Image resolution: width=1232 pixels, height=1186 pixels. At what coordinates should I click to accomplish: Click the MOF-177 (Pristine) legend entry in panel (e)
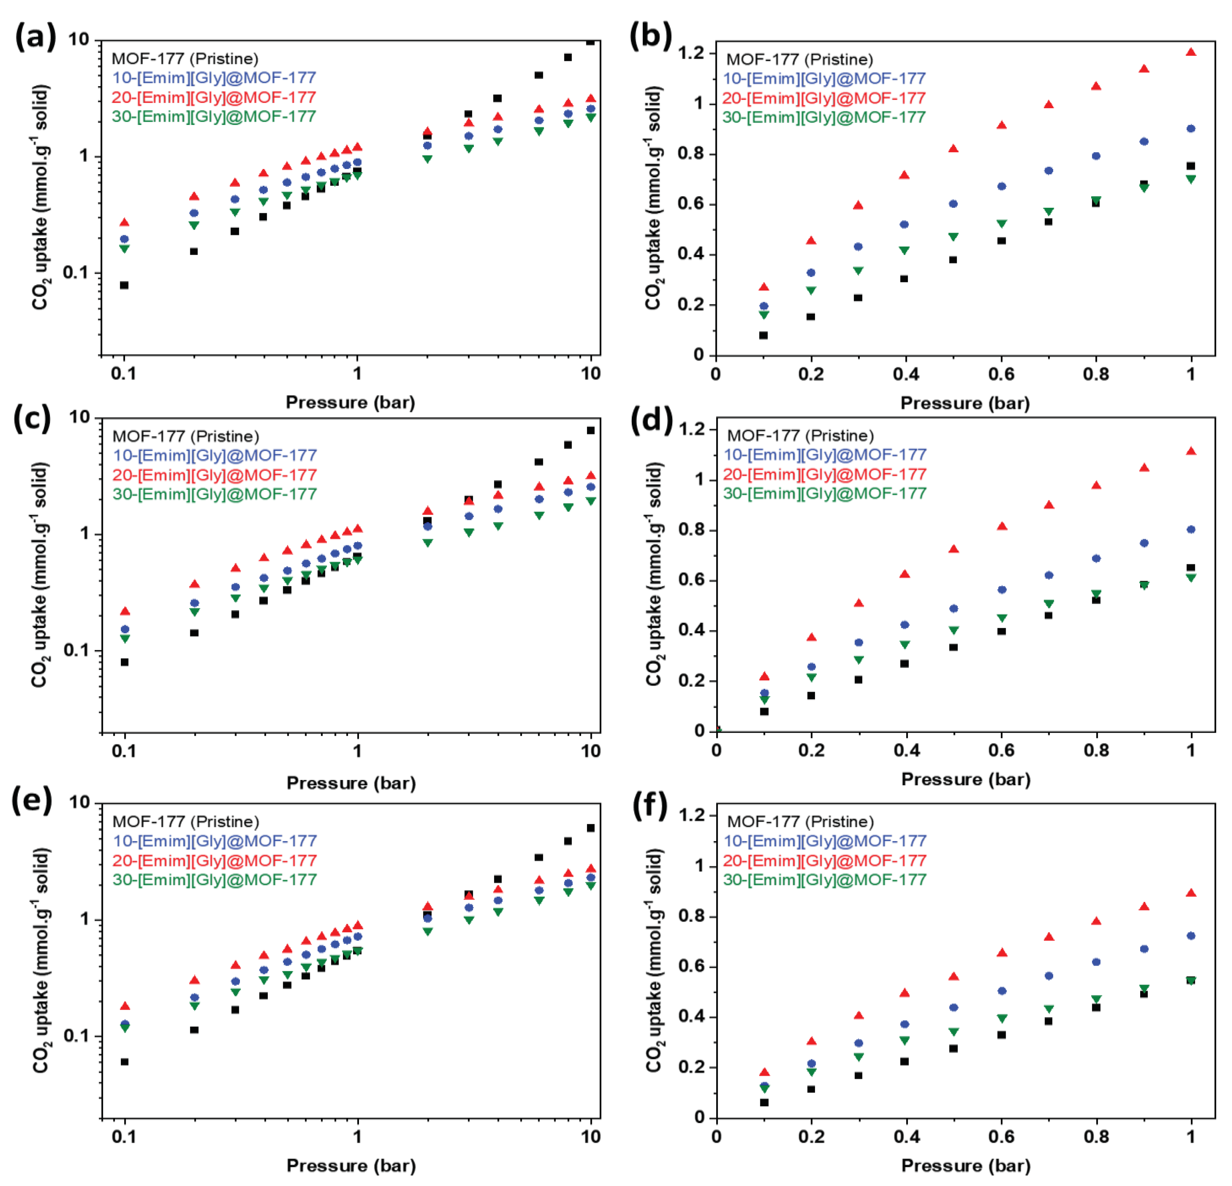185,822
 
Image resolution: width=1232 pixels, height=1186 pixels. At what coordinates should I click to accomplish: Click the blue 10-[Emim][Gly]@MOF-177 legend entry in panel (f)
825,841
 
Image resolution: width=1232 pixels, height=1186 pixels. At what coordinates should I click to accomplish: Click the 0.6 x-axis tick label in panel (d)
1001,750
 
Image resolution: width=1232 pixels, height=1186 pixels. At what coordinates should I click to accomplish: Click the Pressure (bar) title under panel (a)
350,402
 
